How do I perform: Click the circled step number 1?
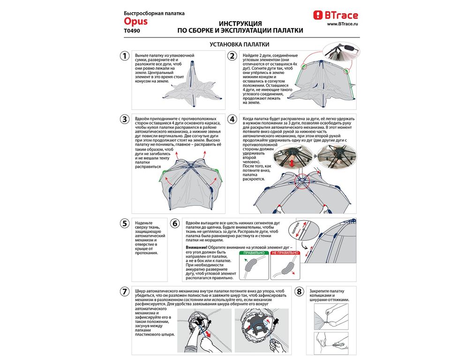124,56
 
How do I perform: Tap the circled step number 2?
232,56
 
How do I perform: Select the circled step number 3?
124,119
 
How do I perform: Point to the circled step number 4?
232,119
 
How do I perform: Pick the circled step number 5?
124,223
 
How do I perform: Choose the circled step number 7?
124,292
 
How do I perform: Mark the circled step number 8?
299,292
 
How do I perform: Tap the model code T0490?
132,31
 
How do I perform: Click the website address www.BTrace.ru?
342,24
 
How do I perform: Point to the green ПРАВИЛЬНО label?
253,253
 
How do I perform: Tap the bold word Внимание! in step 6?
196,247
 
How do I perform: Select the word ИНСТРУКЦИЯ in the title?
240,23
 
